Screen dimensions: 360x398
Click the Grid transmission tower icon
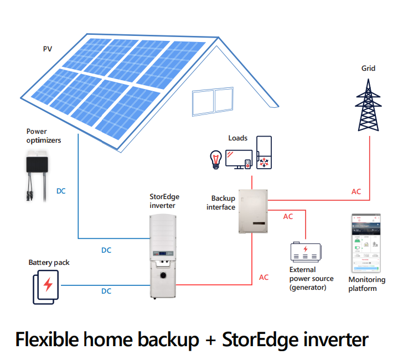(368, 105)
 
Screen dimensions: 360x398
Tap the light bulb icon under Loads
(215, 159)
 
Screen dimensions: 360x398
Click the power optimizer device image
(37, 166)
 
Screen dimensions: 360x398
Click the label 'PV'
(48, 49)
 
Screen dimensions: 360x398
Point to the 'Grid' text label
(368, 69)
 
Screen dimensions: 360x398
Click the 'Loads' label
(237, 138)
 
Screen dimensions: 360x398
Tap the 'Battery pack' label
(49, 262)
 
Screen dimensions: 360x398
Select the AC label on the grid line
(356, 192)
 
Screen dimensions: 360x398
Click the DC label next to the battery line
(106, 291)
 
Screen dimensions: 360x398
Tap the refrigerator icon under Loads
(263, 153)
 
